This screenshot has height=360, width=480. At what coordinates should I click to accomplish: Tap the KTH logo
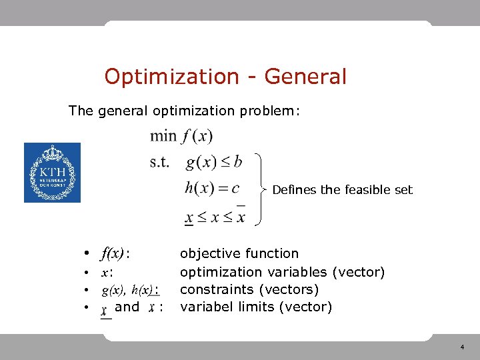click(x=52, y=173)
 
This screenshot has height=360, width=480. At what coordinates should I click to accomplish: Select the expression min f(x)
click(x=181, y=137)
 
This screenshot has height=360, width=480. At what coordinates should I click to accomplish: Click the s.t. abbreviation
click(x=160, y=162)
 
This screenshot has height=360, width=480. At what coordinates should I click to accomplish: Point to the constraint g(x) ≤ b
click(x=213, y=162)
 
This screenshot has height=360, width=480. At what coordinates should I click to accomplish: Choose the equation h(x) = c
click(x=212, y=189)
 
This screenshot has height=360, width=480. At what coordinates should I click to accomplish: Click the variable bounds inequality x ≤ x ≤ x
click(x=215, y=217)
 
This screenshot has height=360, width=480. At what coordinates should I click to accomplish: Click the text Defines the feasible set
click(x=342, y=190)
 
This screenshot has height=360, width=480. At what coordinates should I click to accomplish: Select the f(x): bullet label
click(x=115, y=253)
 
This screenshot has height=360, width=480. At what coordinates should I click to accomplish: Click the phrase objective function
click(x=239, y=253)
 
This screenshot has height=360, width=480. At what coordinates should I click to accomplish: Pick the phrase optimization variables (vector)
click(x=283, y=272)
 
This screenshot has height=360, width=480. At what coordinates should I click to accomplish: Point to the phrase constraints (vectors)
click(x=249, y=290)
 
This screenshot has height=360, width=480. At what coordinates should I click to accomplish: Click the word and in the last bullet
click(x=127, y=307)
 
